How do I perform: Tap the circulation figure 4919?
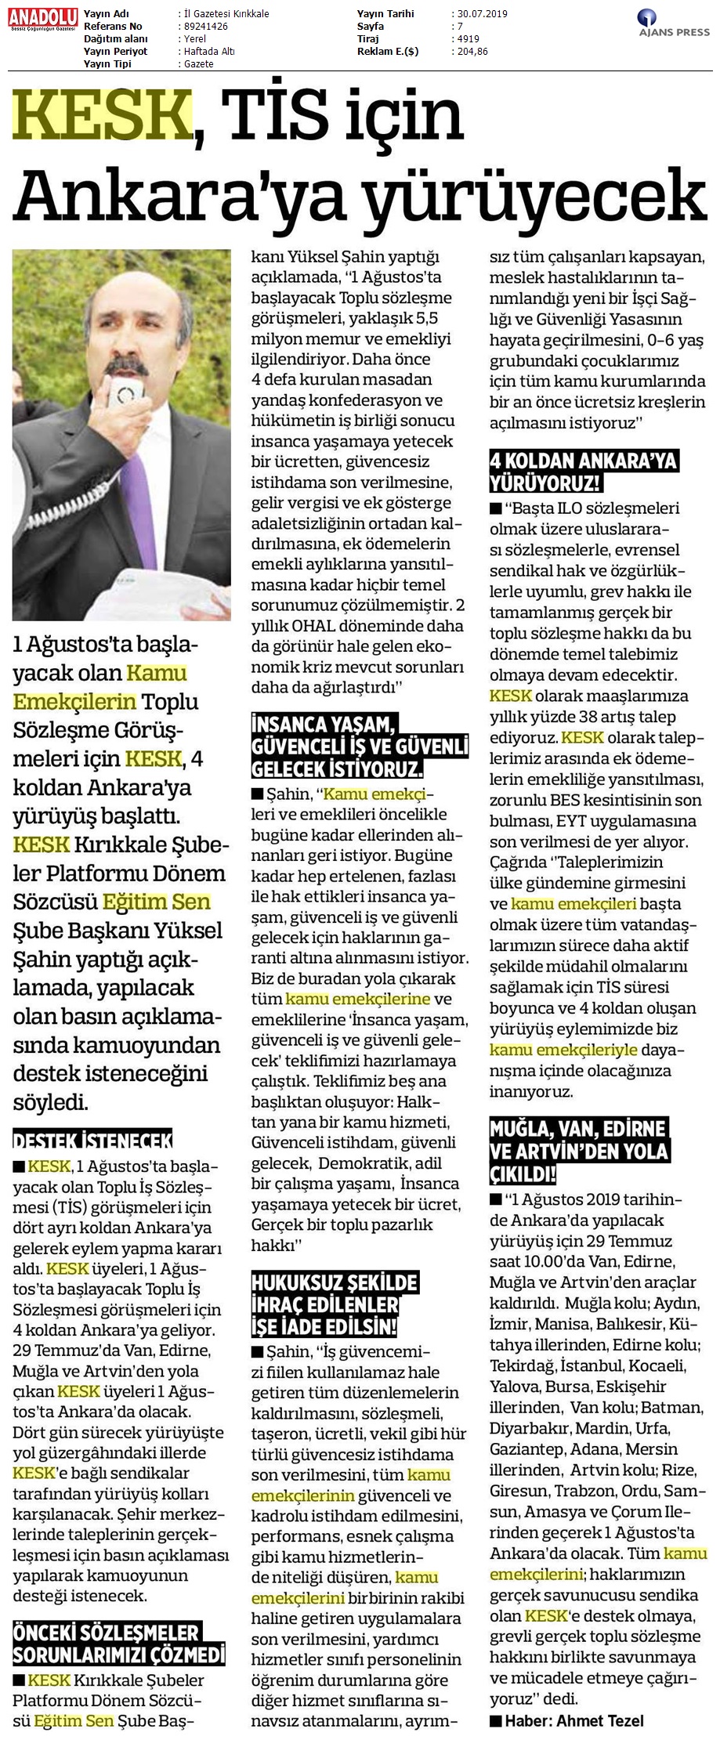(x=469, y=38)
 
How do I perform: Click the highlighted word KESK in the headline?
(x=102, y=114)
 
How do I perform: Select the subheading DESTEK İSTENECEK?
(x=92, y=1138)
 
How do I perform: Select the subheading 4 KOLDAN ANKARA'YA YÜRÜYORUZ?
(x=583, y=470)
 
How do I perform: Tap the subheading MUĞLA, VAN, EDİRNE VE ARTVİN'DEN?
(x=578, y=1151)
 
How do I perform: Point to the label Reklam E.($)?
(x=386, y=51)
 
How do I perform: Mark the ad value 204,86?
(x=472, y=51)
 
